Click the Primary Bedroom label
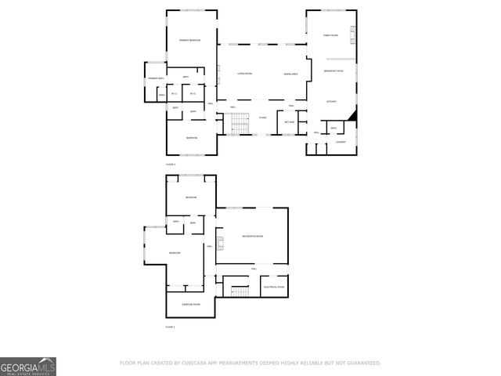click(x=190, y=40)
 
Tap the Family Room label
click(x=331, y=35)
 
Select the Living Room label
click(x=245, y=74)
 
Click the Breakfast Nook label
click(x=334, y=71)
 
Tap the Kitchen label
click(x=332, y=101)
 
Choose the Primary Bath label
click(x=156, y=78)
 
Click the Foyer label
click(x=263, y=118)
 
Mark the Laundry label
click(x=341, y=142)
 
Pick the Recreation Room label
click(x=252, y=236)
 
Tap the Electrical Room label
click(x=274, y=287)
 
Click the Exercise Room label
click(x=191, y=304)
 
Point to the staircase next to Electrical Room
click(x=240, y=291)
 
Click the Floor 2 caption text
click(x=171, y=164)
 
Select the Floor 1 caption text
click(x=170, y=326)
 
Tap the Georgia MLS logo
click(x=28, y=367)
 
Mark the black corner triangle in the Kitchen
click(x=353, y=116)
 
